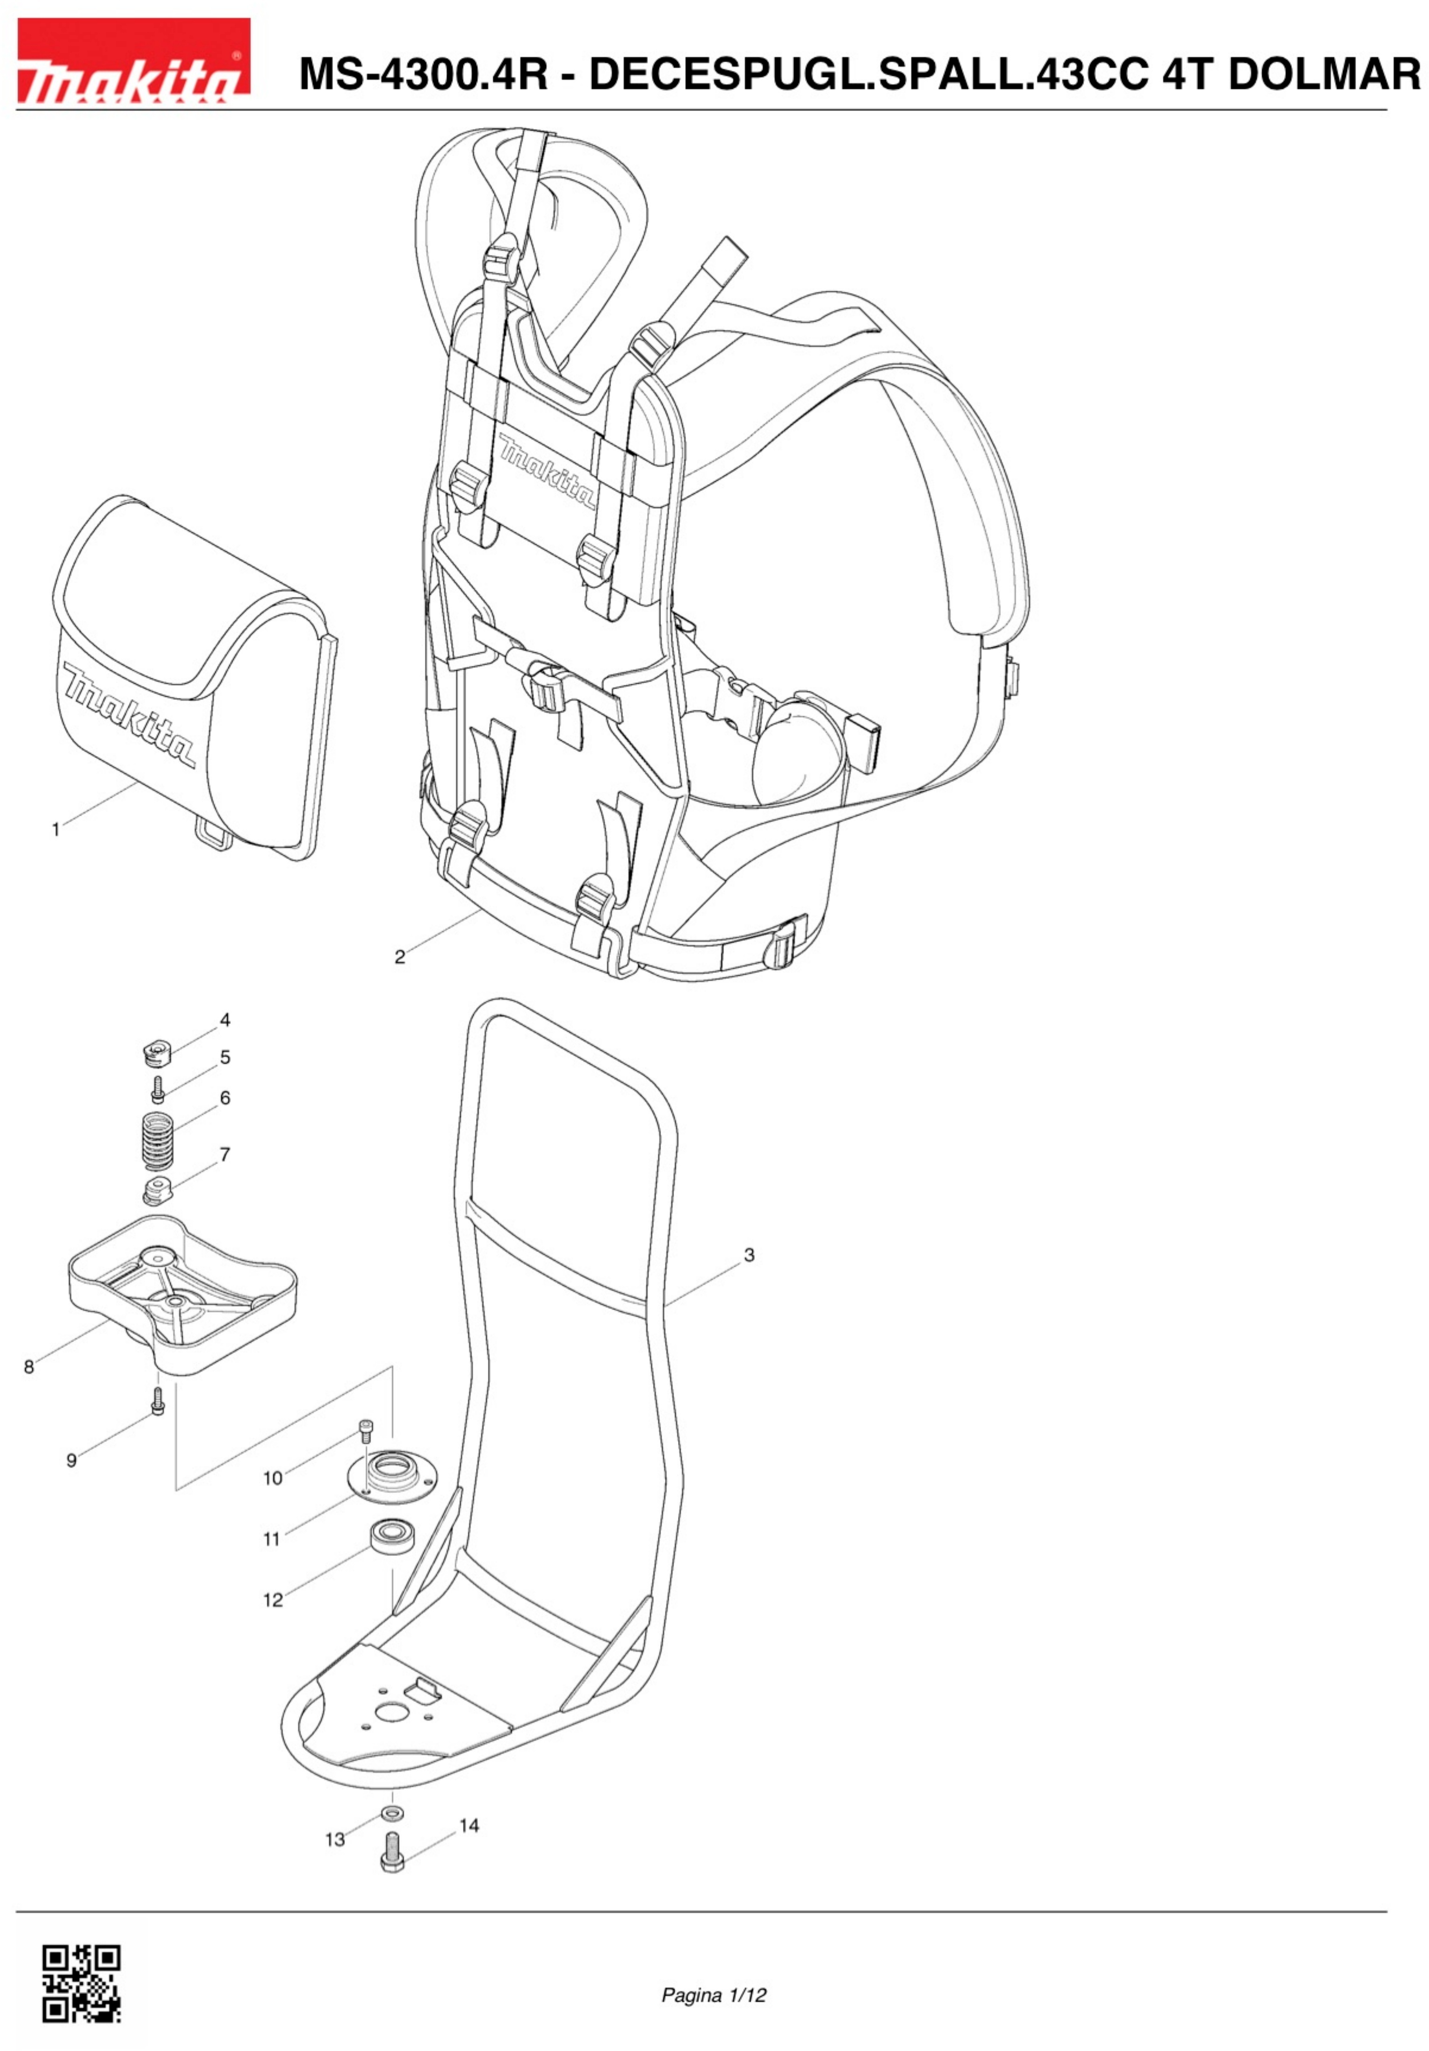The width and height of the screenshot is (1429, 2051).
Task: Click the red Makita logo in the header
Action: tap(133, 59)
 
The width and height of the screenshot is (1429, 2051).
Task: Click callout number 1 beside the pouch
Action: tap(55, 830)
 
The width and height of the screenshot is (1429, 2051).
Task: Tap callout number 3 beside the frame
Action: tap(749, 1255)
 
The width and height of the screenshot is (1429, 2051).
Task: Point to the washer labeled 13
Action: tap(390, 1814)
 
